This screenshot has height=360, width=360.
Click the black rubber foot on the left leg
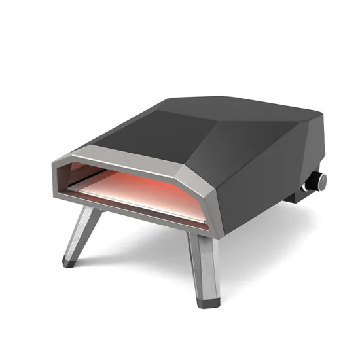click(68, 262)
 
